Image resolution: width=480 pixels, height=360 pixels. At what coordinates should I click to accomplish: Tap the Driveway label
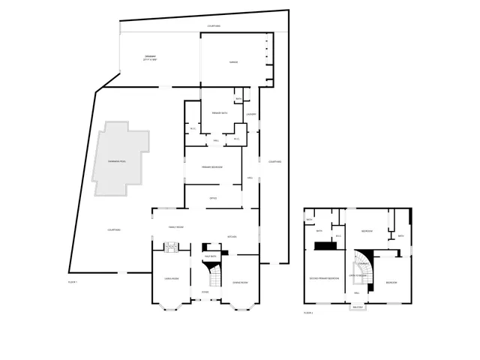(151, 59)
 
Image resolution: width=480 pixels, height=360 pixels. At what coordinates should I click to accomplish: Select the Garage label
(233, 62)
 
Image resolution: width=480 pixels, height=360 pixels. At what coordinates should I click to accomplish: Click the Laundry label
(252, 115)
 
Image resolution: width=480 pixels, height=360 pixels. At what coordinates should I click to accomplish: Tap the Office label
(213, 198)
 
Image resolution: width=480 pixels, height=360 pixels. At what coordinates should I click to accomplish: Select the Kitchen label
(232, 237)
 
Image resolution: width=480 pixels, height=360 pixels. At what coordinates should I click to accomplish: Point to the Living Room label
(171, 278)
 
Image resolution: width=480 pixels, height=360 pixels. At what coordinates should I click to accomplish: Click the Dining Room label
(241, 282)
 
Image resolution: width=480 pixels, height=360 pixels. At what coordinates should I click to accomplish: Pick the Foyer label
(205, 292)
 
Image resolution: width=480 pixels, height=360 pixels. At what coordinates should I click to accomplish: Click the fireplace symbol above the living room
(170, 245)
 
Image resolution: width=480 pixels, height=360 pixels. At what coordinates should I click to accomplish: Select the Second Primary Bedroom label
(324, 277)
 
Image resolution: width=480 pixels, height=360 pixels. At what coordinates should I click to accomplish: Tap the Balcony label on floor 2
(358, 306)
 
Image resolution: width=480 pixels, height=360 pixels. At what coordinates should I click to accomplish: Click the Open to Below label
(358, 276)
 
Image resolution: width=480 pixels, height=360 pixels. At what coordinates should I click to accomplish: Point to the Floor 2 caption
(309, 313)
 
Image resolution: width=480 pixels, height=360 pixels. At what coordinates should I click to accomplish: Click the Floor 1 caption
(73, 281)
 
